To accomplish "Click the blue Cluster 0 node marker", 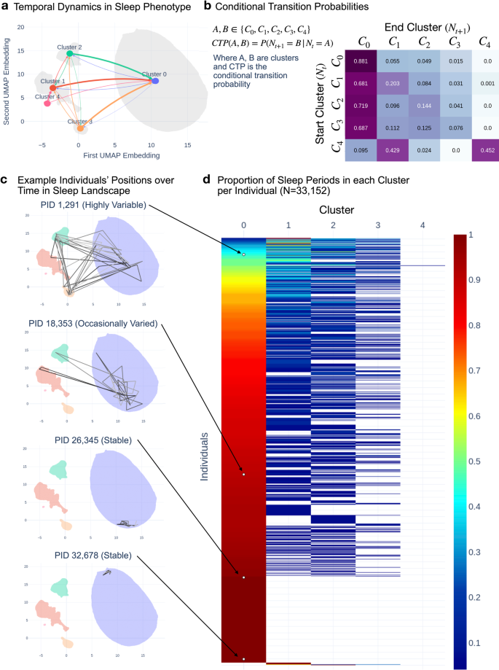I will pyautogui.click(x=155, y=81).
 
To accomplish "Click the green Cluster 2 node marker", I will pyautogui.click(x=69, y=54).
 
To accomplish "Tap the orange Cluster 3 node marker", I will pyautogui.click(x=80, y=128).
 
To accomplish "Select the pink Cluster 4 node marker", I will pyautogui.click(x=47, y=104).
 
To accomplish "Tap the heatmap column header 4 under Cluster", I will pyautogui.click(x=423, y=225).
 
